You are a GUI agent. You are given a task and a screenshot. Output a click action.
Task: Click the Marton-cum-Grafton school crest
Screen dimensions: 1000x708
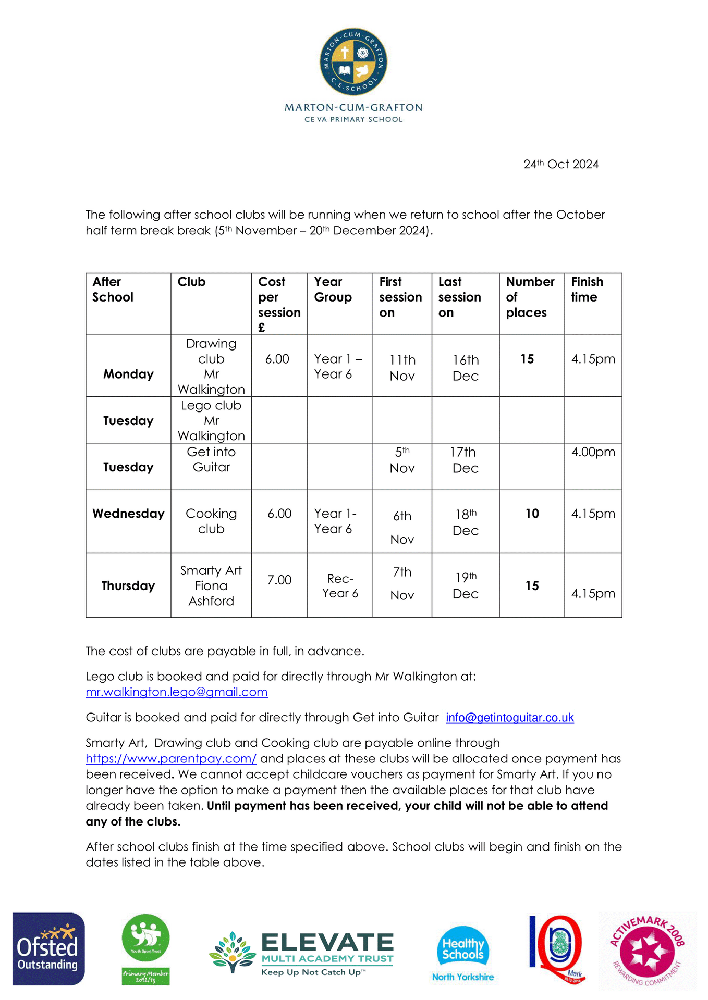pyautogui.click(x=353, y=62)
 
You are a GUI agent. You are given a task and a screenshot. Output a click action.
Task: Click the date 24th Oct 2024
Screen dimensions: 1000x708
pyautogui.click(x=561, y=164)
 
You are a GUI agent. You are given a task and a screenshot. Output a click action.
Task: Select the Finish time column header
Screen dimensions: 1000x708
pyautogui.click(x=587, y=290)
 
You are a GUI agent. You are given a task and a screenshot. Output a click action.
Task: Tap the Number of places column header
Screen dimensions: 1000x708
pyautogui.click(x=530, y=297)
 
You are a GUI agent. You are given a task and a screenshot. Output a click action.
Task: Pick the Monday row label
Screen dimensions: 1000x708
pyautogui.click(x=128, y=374)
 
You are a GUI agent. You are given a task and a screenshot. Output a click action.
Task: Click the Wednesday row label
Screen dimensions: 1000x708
pyautogui.click(x=128, y=514)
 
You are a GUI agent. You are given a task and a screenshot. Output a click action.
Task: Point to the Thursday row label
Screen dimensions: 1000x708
pyautogui.click(x=128, y=586)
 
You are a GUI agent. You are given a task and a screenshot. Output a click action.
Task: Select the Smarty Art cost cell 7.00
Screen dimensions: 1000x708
pyautogui.click(x=279, y=580)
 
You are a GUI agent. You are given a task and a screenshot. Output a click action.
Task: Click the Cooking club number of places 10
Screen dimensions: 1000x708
pyautogui.click(x=532, y=514)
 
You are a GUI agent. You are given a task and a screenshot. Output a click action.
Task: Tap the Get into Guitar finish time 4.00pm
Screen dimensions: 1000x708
pyautogui.click(x=593, y=452)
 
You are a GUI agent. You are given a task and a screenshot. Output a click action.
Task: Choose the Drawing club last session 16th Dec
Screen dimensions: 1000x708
pyautogui.click(x=466, y=368)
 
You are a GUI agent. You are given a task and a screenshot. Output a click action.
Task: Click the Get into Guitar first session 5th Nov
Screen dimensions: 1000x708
pyautogui.click(x=402, y=460)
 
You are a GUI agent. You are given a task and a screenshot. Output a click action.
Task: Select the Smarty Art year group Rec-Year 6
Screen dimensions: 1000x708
pyautogui.click(x=340, y=586)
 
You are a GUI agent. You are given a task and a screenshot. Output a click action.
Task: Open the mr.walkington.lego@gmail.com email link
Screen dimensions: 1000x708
pyautogui.click(x=177, y=692)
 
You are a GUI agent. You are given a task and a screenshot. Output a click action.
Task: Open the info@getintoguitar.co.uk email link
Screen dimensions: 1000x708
pyautogui.click(x=510, y=718)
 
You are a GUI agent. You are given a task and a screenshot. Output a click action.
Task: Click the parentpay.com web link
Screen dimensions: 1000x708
pyautogui.click(x=171, y=759)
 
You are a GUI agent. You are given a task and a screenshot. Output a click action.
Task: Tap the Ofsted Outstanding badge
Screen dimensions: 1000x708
pyautogui.click(x=48, y=948)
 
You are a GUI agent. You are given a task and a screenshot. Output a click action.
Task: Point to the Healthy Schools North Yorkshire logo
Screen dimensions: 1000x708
pyautogui.click(x=463, y=953)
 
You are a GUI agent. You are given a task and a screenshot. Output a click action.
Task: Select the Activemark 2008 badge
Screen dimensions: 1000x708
pyautogui.click(x=647, y=951)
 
